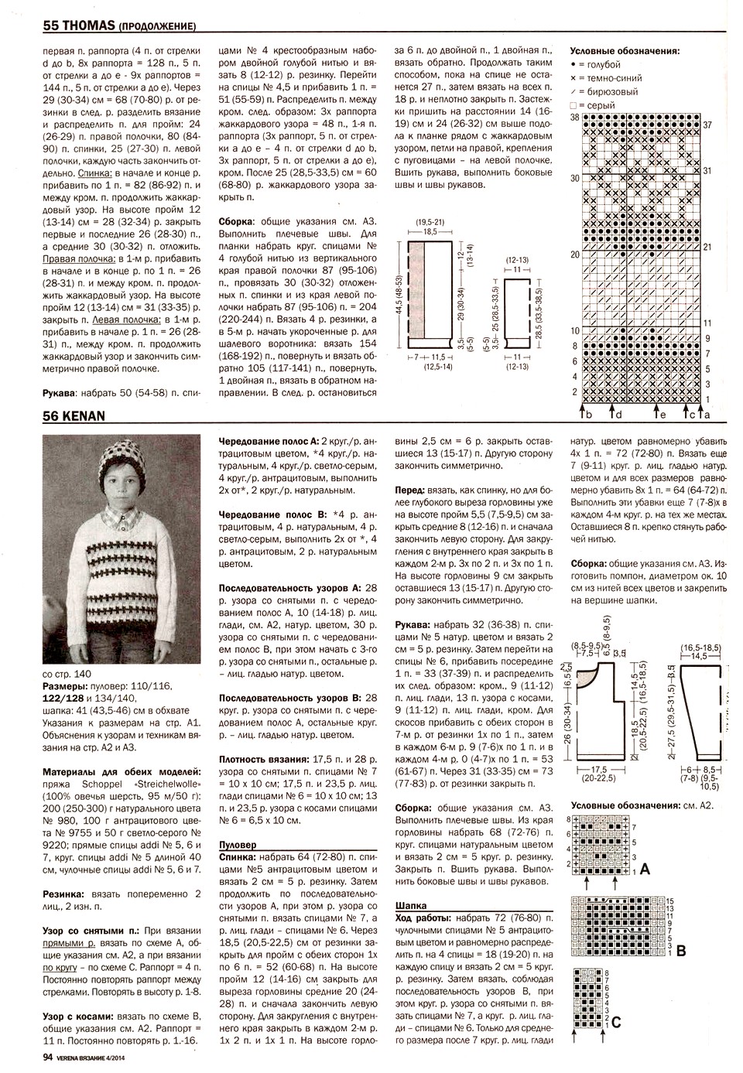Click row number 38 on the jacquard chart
[x=574, y=117]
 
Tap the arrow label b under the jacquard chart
[x=589, y=415]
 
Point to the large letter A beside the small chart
[x=645, y=870]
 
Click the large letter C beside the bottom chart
[x=616, y=1022]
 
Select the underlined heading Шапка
[x=409, y=904]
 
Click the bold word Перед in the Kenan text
[x=409, y=490]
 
